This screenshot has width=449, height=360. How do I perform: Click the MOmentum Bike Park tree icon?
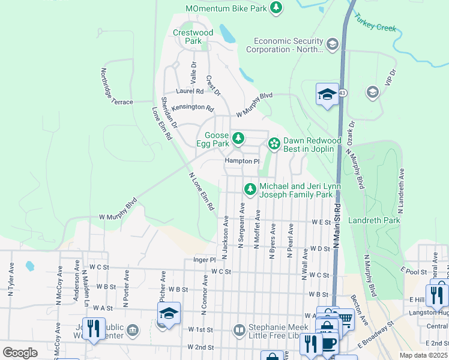click(276, 8)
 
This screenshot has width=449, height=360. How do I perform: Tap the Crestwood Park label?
click(193, 37)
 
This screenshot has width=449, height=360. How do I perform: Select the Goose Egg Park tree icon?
click(238, 139)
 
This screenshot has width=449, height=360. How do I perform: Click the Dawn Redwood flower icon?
click(274, 143)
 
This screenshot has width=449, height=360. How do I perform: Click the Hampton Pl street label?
click(241, 161)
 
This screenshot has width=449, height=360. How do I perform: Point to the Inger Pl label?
click(204, 260)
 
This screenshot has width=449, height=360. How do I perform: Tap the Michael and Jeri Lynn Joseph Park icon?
click(250, 190)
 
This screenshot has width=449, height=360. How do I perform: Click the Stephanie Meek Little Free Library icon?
click(240, 330)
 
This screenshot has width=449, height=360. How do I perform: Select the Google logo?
click(20, 352)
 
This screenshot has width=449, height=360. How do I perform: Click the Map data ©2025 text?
click(423, 355)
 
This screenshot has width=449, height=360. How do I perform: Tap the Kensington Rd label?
click(192, 109)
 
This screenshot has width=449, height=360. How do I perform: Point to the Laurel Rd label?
click(190, 91)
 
